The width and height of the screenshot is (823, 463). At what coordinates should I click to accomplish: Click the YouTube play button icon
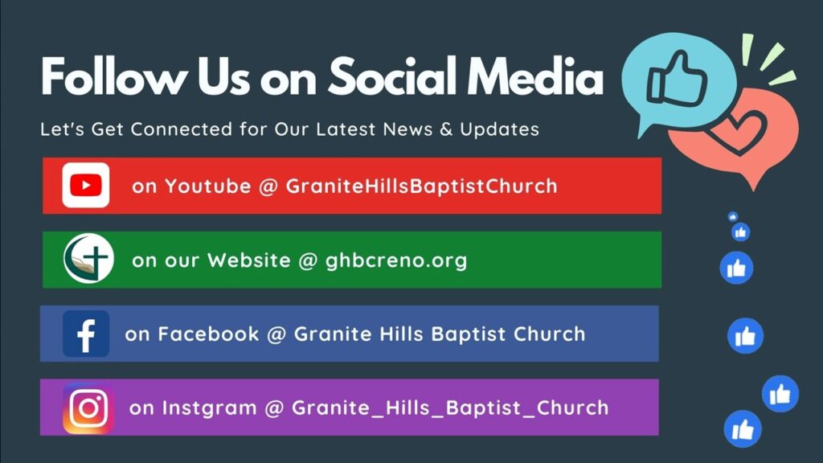(85, 186)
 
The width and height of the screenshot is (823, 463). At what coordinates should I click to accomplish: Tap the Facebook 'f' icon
(86, 334)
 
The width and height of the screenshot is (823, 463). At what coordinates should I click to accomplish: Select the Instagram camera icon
(88, 408)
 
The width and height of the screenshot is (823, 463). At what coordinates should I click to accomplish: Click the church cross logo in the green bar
(88, 259)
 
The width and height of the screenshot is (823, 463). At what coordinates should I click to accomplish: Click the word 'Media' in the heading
(535, 76)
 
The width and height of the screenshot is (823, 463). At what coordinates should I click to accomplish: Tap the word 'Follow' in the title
(113, 76)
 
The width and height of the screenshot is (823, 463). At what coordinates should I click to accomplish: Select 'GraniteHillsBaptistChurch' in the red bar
(421, 186)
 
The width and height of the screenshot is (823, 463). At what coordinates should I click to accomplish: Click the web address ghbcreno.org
(396, 260)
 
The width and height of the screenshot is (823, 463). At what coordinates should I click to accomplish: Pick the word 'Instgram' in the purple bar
(209, 408)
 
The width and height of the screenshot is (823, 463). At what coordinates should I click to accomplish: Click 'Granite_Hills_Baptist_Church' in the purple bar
(450, 408)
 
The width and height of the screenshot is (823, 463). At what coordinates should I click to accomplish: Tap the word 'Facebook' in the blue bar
(208, 334)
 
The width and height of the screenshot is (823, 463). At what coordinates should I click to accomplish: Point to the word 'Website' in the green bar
(249, 260)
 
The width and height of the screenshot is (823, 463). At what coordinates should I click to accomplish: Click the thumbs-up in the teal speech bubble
(677, 79)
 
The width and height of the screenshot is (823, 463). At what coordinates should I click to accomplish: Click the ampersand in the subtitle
(446, 129)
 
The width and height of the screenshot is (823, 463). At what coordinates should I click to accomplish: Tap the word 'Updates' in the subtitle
(500, 129)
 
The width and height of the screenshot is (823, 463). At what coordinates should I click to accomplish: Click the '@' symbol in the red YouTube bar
(268, 186)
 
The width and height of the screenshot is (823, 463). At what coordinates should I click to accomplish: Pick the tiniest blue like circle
(733, 216)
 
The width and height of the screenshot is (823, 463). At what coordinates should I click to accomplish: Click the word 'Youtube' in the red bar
(208, 186)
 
